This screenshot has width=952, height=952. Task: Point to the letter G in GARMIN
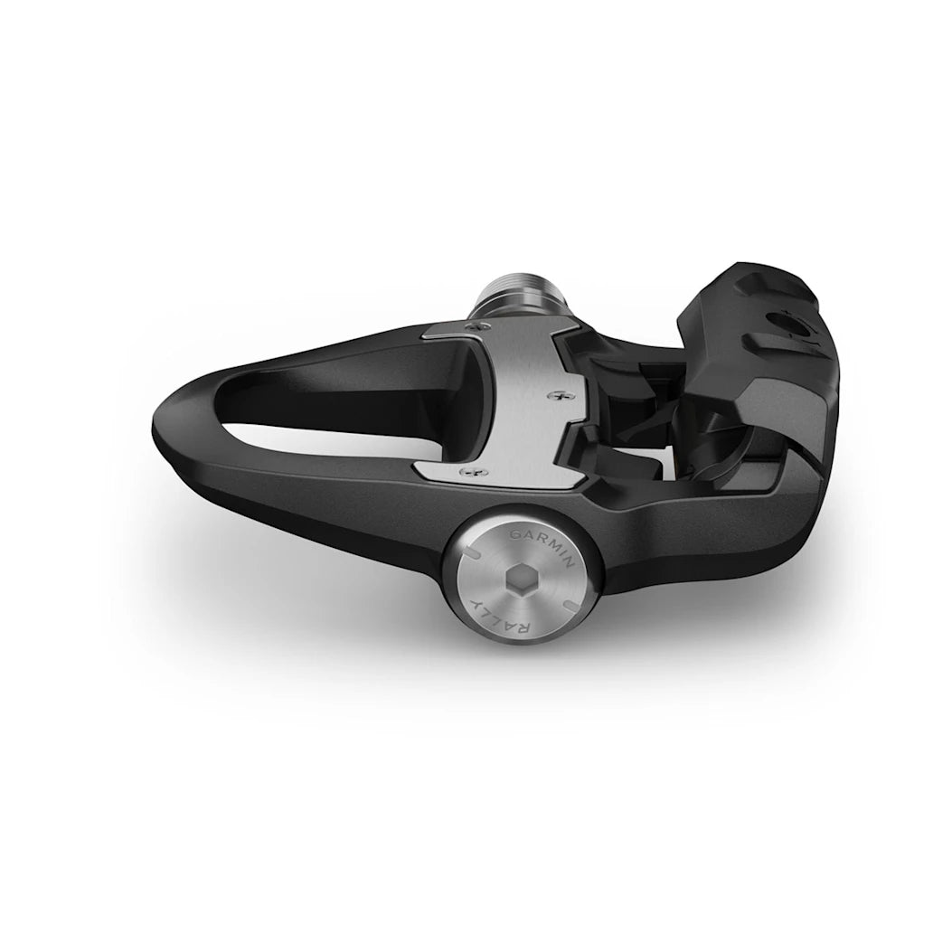pos(516,536)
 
